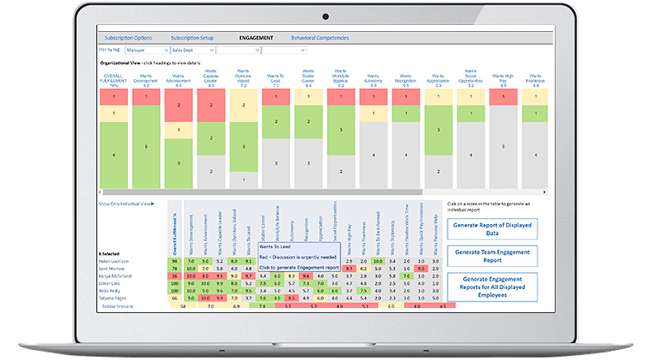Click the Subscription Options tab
(x=127, y=38)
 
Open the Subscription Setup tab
(x=192, y=38)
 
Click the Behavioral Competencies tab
(x=320, y=38)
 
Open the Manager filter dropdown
(x=145, y=50)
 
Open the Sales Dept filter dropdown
(x=192, y=50)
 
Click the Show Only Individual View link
(x=126, y=203)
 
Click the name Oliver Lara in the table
(x=112, y=283)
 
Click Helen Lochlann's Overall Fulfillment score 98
(x=174, y=261)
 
